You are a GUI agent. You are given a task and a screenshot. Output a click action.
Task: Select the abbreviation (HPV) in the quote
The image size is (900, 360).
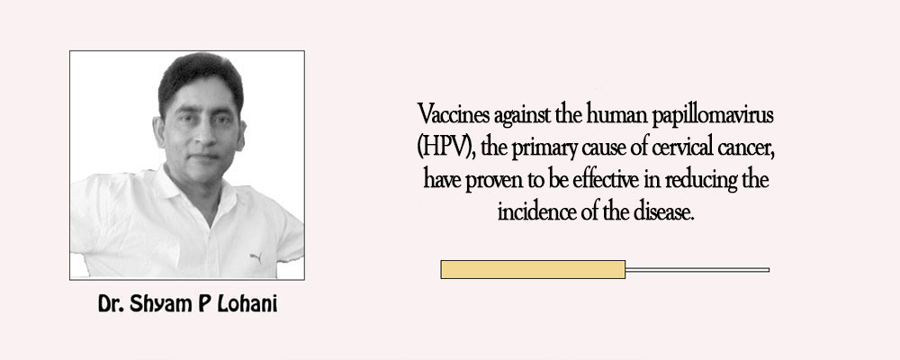[447, 148]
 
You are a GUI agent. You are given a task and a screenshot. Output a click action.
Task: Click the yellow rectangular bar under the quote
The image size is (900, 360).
[533, 269]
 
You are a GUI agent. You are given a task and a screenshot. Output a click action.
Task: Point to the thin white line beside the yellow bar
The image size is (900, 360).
[697, 269]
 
